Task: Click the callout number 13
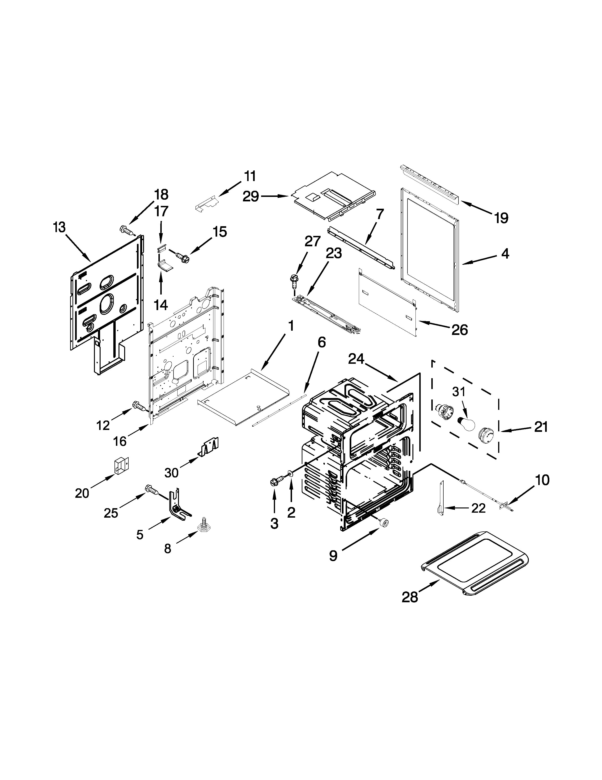coord(59,227)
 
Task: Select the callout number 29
coord(251,196)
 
